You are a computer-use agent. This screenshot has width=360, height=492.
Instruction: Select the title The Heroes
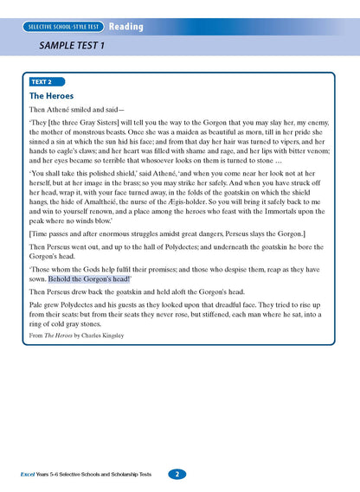point(52,96)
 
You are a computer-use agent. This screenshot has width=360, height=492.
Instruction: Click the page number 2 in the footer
point(176,474)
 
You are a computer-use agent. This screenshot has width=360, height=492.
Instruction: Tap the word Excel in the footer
point(32,475)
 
